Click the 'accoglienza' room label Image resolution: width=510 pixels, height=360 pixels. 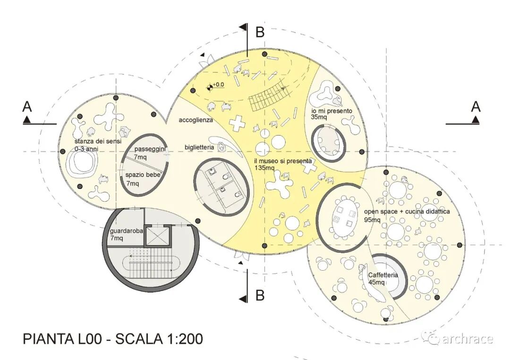tap(195, 120)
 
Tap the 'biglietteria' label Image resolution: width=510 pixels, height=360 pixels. tap(199, 147)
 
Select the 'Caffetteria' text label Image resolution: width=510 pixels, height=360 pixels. tap(382, 275)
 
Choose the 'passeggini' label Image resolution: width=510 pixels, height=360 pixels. tap(149, 149)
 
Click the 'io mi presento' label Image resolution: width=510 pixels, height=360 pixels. tap(331, 111)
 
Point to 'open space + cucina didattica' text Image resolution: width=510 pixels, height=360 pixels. tap(407, 212)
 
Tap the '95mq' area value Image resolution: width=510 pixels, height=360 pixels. tap(373, 220)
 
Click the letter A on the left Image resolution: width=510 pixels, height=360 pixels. tap(27, 107)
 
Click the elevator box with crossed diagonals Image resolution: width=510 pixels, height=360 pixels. tap(157, 236)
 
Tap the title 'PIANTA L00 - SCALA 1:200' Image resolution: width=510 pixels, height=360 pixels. tap(113, 339)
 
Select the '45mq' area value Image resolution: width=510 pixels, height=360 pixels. tap(376, 282)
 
